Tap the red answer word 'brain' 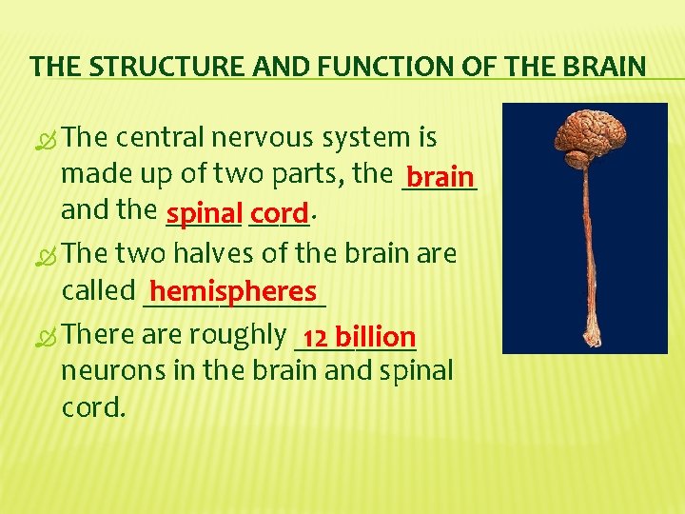[440, 177]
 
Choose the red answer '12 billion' [358, 336]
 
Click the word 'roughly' [239, 334]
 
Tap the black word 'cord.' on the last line [93, 406]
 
